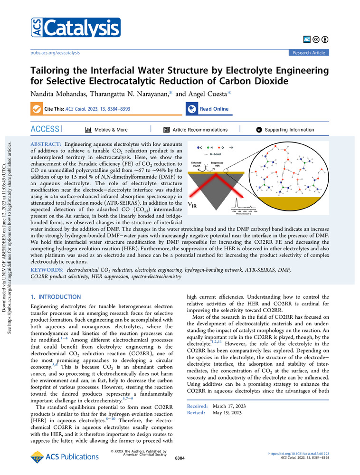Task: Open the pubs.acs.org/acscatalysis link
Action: [56, 53]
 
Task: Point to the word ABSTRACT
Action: [46, 143]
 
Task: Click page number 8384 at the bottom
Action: [180, 458]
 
